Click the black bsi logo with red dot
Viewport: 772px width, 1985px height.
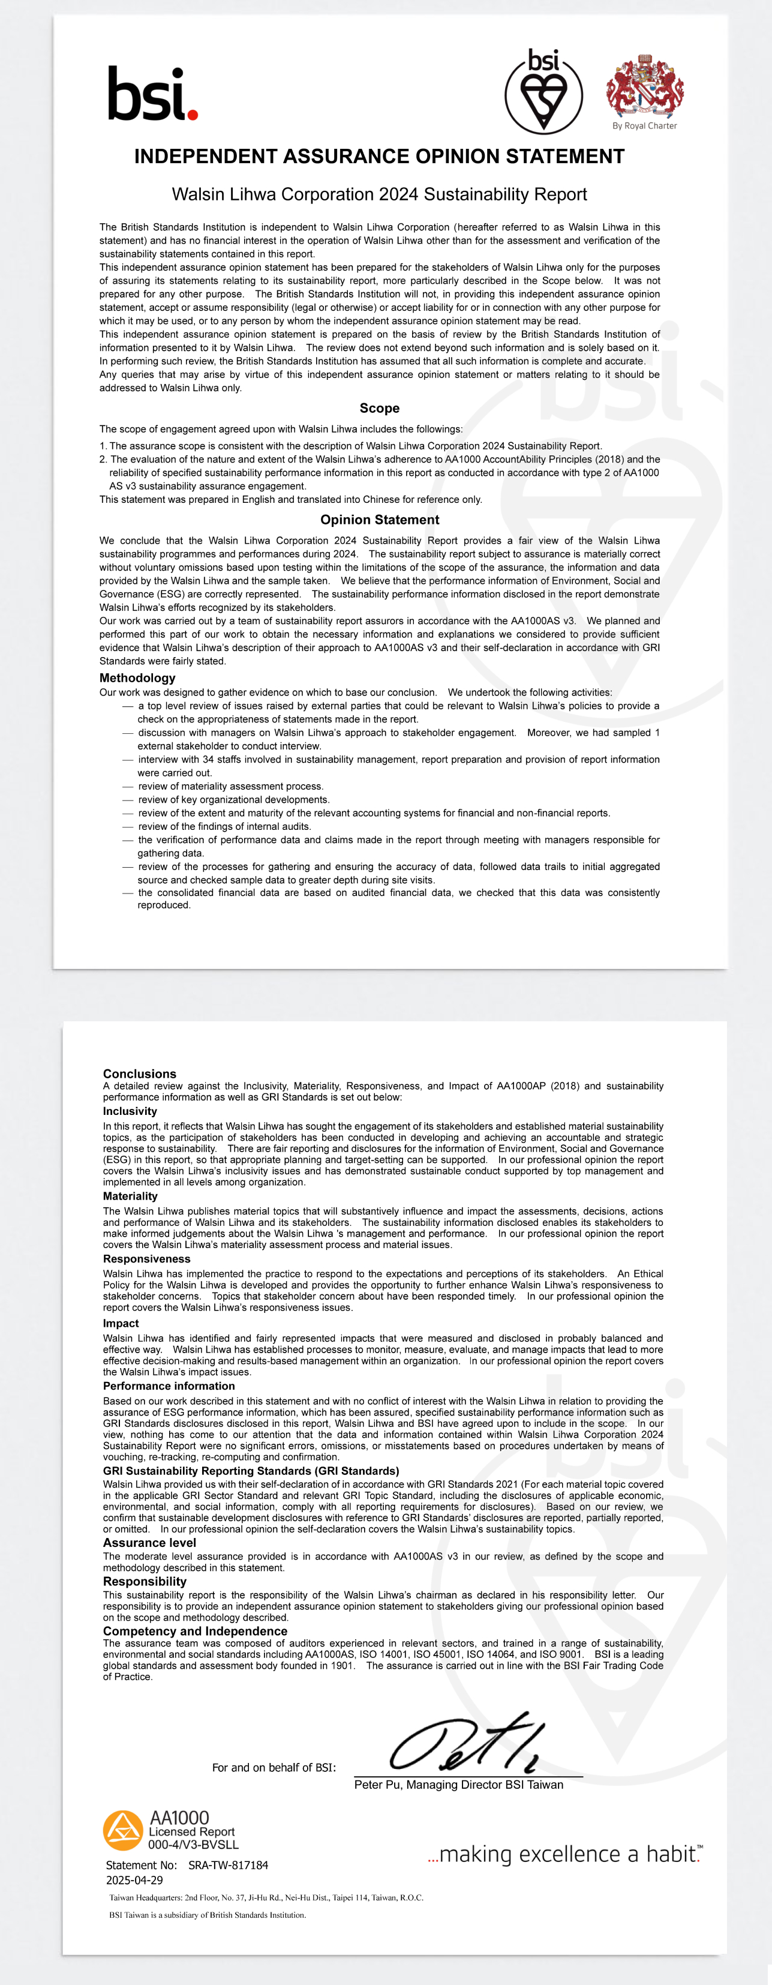tap(152, 94)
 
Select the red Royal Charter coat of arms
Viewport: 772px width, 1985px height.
tap(645, 86)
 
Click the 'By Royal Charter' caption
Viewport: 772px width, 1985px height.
tap(645, 125)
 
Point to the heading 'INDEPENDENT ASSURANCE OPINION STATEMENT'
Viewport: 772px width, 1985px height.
tap(379, 157)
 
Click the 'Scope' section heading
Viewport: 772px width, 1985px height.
tap(379, 409)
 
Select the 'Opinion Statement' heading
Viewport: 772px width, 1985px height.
tap(379, 520)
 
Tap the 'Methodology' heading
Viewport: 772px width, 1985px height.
tap(137, 678)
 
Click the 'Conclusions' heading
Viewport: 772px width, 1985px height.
tap(139, 1074)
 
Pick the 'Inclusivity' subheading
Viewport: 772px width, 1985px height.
tap(130, 1111)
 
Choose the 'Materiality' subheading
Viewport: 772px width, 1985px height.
tap(130, 1196)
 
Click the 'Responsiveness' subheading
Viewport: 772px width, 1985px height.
tap(146, 1258)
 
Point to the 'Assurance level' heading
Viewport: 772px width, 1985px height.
tap(149, 1543)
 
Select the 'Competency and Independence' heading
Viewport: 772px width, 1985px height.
tap(195, 1632)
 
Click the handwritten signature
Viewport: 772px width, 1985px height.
tap(467, 1744)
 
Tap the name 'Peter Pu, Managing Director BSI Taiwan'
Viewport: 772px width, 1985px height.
tap(458, 1785)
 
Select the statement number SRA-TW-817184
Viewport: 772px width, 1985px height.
tap(228, 1865)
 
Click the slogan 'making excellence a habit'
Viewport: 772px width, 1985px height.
tap(564, 1854)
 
